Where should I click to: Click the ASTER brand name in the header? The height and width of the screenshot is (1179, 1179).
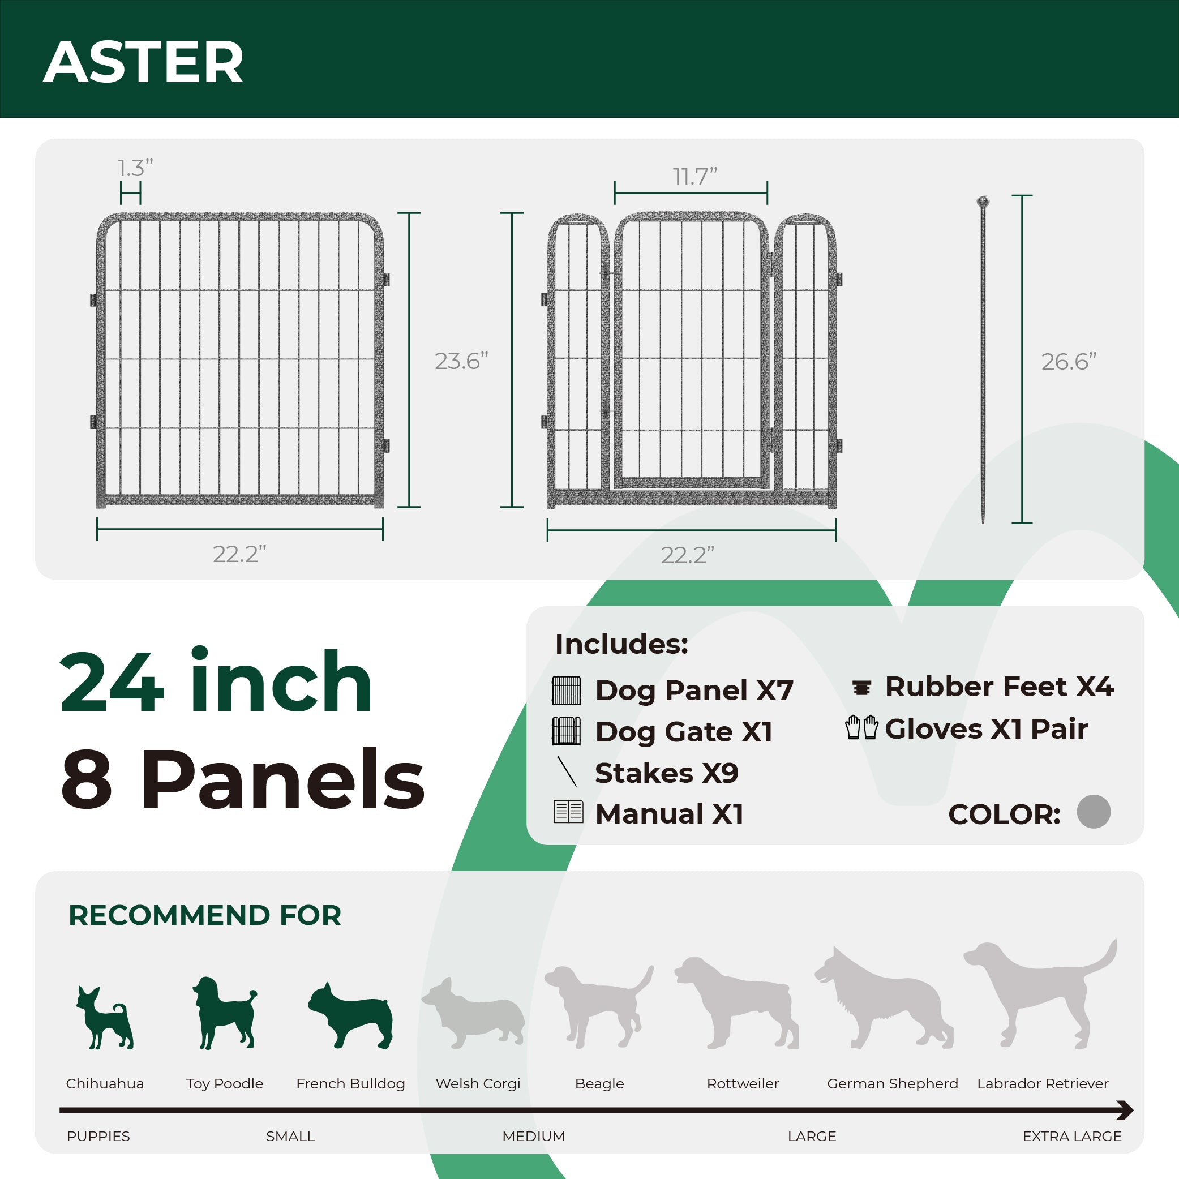pyautogui.click(x=143, y=62)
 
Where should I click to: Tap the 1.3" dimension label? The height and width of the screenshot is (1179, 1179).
pyautogui.click(x=135, y=168)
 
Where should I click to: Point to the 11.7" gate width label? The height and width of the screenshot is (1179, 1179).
pyautogui.click(x=694, y=177)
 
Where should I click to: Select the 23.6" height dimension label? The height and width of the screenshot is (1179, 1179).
pyautogui.click(x=461, y=361)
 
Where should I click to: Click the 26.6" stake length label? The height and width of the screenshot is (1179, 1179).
pyautogui.click(x=1069, y=362)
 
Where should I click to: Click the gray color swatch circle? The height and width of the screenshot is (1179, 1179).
pyautogui.click(x=1093, y=812)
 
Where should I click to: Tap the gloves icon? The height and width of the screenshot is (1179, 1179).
pyautogui.click(x=861, y=727)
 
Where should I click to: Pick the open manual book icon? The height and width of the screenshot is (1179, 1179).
pyautogui.click(x=568, y=812)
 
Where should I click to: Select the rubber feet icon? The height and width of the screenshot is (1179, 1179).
pyautogui.click(x=861, y=688)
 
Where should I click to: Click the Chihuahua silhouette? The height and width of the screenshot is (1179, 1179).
pyautogui.click(x=104, y=1018)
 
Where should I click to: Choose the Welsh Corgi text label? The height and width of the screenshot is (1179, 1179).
pyautogui.click(x=478, y=1083)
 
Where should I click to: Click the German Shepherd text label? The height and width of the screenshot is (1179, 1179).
pyautogui.click(x=892, y=1083)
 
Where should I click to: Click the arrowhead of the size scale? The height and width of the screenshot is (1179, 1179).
pyautogui.click(x=1124, y=1110)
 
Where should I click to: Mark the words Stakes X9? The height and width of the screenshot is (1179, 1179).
pyautogui.click(x=666, y=773)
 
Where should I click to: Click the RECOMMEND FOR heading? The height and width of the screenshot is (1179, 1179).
pyautogui.click(x=204, y=915)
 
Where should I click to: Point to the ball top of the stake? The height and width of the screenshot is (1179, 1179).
pyautogui.click(x=983, y=201)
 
